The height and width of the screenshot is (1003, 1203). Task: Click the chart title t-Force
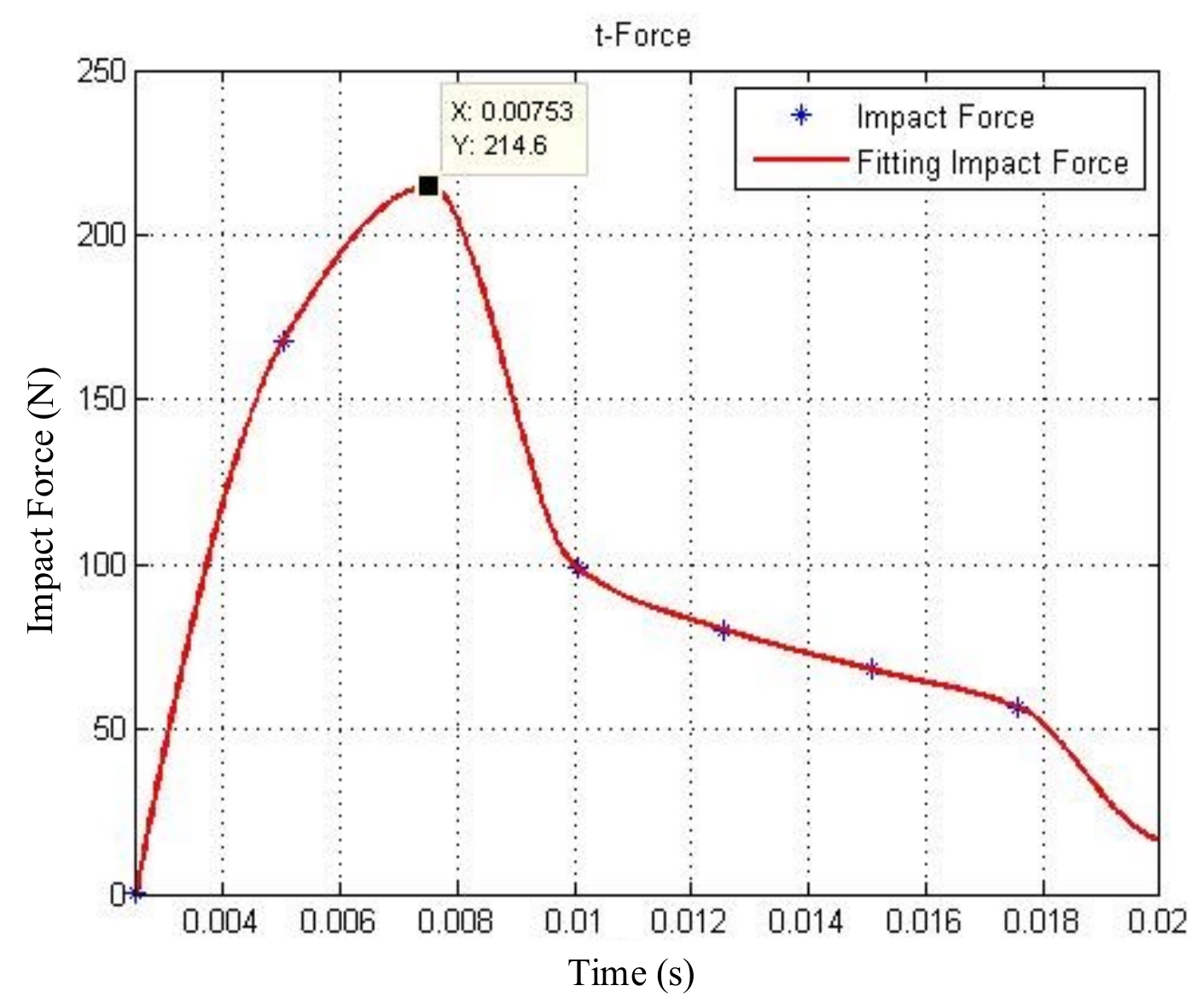click(x=642, y=36)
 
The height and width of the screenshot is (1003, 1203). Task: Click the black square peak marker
click(x=428, y=186)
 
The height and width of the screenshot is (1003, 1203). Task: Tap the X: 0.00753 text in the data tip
click(x=512, y=111)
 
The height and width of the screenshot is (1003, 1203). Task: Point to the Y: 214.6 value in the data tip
click(x=500, y=145)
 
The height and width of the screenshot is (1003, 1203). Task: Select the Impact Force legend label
click(x=945, y=117)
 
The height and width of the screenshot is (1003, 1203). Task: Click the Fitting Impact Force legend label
click(x=992, y=162)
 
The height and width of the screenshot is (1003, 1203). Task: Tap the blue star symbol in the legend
click(x=800, y=116)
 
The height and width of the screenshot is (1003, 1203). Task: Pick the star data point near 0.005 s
click(x=283, y=342)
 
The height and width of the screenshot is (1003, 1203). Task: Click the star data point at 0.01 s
click(x=578, y=567)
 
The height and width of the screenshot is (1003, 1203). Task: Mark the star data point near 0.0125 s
click(x=724, y=631)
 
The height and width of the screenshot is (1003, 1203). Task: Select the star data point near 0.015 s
click(x=871, y=669)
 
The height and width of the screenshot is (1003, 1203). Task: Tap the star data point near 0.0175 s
click(x=1017, y=707)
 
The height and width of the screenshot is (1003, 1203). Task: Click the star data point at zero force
click(x=136, y=894)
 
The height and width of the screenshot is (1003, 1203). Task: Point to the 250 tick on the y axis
click(x=102, y=71)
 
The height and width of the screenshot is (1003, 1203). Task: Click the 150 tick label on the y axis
click(x=102, y=399)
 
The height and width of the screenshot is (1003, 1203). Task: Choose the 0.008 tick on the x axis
click(x=456, y=922)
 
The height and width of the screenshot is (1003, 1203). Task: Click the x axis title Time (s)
click(x=631, y=973)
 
